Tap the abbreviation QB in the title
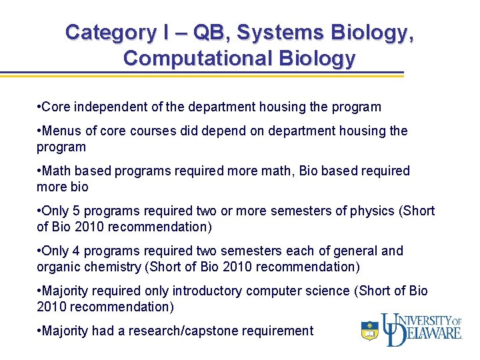[201, 32]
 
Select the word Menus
[61, 131]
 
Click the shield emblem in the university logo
[369, 331]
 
